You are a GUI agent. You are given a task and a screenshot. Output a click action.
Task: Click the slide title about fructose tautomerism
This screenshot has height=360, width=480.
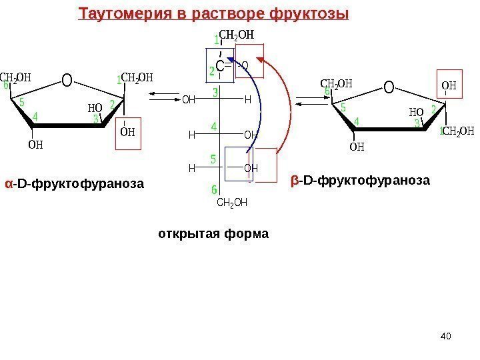tap(213, 13)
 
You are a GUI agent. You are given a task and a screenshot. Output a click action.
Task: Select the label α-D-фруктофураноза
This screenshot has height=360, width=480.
tap(75, 182)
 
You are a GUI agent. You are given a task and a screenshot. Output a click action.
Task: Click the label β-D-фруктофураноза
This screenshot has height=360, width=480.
tap(361, 180)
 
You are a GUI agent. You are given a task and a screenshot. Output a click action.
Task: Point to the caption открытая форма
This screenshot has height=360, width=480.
tap(213, 234)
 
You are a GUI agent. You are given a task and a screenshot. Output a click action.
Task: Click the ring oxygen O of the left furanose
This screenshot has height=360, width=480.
tap(67, 81)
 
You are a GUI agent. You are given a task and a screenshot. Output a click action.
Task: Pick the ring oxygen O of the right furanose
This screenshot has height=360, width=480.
tap(389, 87)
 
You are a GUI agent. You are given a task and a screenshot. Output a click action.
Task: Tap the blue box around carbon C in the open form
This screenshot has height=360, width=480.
tap(221, 65)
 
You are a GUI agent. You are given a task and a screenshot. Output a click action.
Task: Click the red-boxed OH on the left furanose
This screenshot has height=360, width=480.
tap(127, 131)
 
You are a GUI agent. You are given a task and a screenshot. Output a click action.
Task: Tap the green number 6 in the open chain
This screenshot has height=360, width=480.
tap(215, 191)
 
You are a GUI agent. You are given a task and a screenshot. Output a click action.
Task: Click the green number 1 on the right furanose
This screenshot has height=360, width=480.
tap(441, 131)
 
